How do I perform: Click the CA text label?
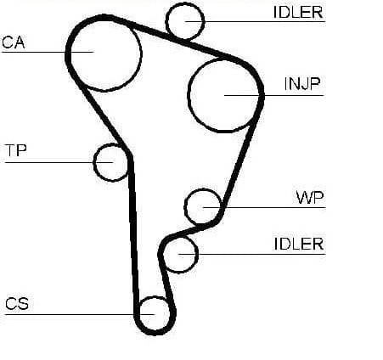(x=14, y=42)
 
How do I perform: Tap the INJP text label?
(x=302, y=84)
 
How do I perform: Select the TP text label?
(x=16, y=150)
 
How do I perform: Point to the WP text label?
(x=309, y=197)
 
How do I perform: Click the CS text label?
(x=17, y=303)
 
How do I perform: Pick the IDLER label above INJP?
(x=298, y=12)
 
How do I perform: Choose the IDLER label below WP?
(x=299, y=244)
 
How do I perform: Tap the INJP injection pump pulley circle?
(x=188, y=96)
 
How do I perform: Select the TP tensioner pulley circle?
(x=93, y=162)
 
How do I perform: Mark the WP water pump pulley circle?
(x=184, y=206)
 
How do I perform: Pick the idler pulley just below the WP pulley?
(x=197, y=255)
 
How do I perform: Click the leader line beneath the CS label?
(x=80, y=314)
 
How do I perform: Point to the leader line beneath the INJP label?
(x=273, y=95)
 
